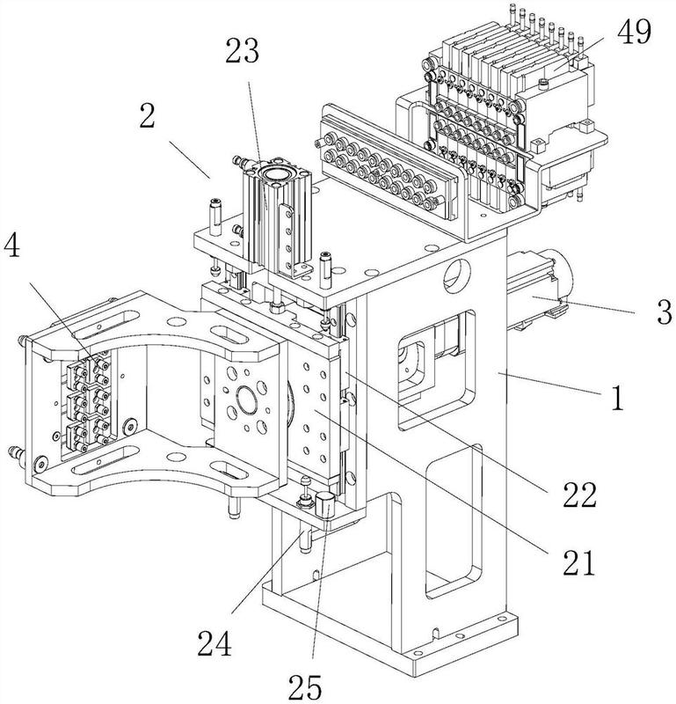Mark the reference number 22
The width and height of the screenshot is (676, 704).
pyautogui.click(x=579, y=495)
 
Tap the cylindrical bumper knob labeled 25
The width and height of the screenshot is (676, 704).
pyautogui.click(x=324, y=508)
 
